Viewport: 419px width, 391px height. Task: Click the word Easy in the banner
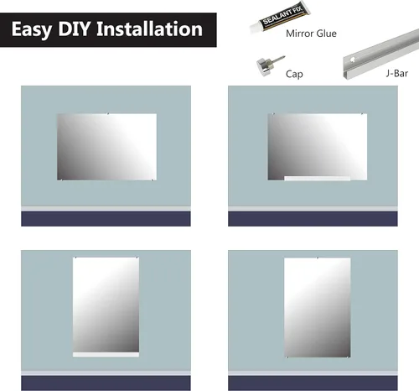[x=32, y=29]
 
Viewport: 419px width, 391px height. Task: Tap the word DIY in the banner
[x=75, y=29]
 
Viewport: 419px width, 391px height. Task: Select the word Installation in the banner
[x=149, y=29]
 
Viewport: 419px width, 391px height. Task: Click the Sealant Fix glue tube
[x=280, y=18]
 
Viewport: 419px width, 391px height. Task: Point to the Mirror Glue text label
[x=311, y=34]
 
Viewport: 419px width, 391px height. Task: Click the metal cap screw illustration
[x=270, y=65]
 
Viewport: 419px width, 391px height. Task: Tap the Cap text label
[x=294, y=74]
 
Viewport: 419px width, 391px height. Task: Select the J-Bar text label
[x=397, y=73]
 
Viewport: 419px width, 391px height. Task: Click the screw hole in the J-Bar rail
[x=353, y=60]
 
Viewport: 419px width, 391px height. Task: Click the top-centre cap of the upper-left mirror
[x=108, y=113]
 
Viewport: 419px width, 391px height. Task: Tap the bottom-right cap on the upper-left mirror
[x=153, y=180]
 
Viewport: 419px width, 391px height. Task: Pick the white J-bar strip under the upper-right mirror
[x=317, y=178]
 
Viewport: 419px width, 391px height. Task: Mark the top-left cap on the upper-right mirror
[x=273, y=114]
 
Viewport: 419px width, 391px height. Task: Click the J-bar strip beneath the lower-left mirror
[x=106, y=355]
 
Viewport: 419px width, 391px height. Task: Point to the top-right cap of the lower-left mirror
[x=137, y=258]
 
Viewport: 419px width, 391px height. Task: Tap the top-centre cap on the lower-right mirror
[x=318, y=258]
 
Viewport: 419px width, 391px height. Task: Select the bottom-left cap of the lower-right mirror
[x=287, y=357]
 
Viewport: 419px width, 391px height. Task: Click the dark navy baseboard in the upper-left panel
[x=106, y=219]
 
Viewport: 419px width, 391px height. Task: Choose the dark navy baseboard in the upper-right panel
[x=313, y=219]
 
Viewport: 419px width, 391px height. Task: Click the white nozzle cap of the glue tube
[x=255, y=29]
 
